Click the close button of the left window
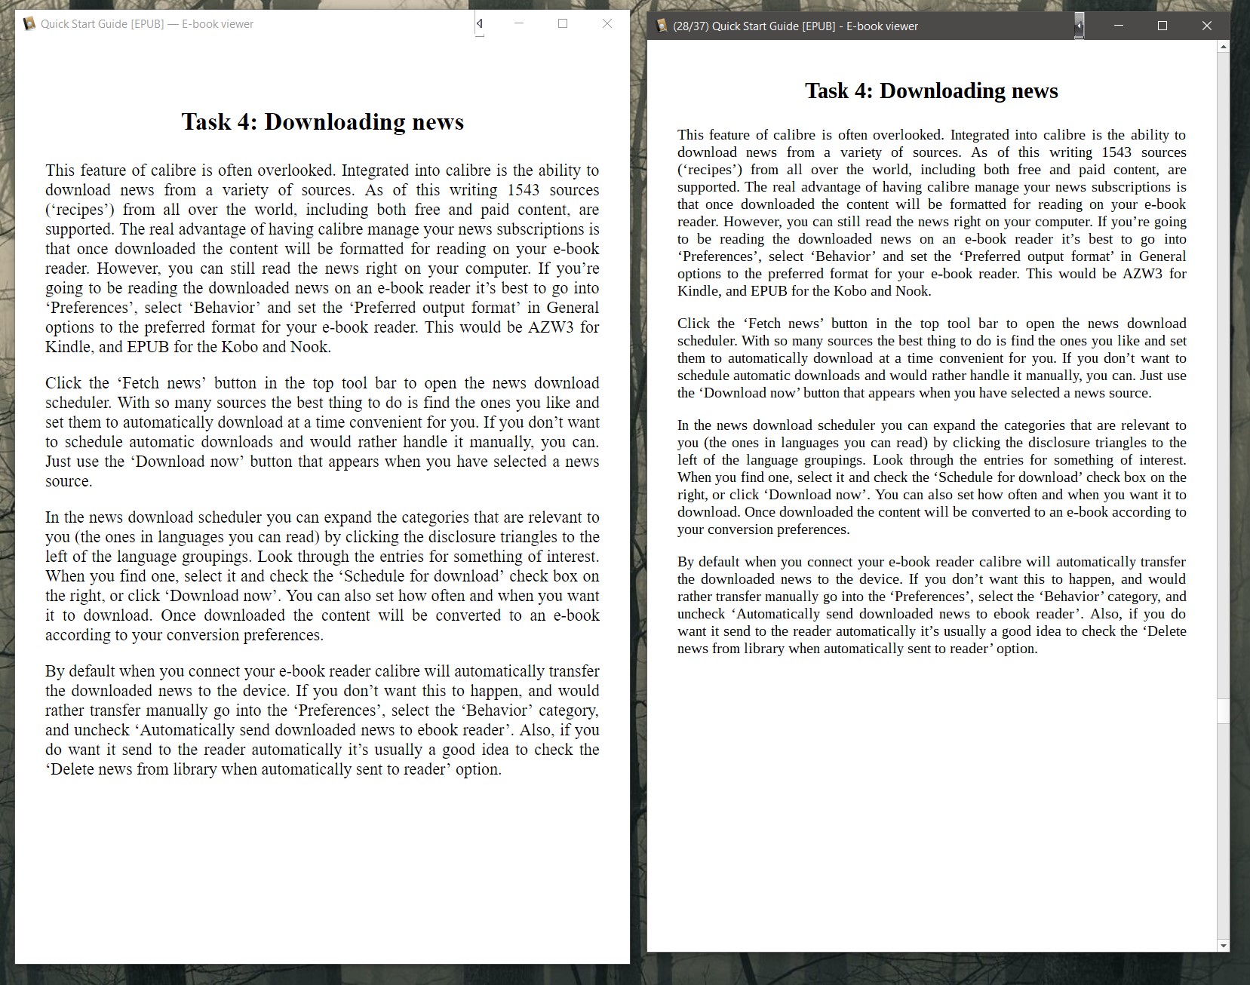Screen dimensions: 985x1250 tap(607, 23)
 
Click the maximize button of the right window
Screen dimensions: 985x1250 tap(1162, 26)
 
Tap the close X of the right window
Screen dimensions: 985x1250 tap(1207, 26)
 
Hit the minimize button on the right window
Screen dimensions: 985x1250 tap(1119, 26)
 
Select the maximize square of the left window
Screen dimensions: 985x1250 tap(563, 23)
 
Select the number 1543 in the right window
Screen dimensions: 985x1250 tap(1116, 152)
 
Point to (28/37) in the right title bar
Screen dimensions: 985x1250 tap(690, 26)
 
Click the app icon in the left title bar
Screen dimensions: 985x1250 tap(29, 24)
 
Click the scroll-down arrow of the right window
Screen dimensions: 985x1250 tap(1223, 945)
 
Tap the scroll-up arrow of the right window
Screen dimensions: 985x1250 tap(1223, 47)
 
